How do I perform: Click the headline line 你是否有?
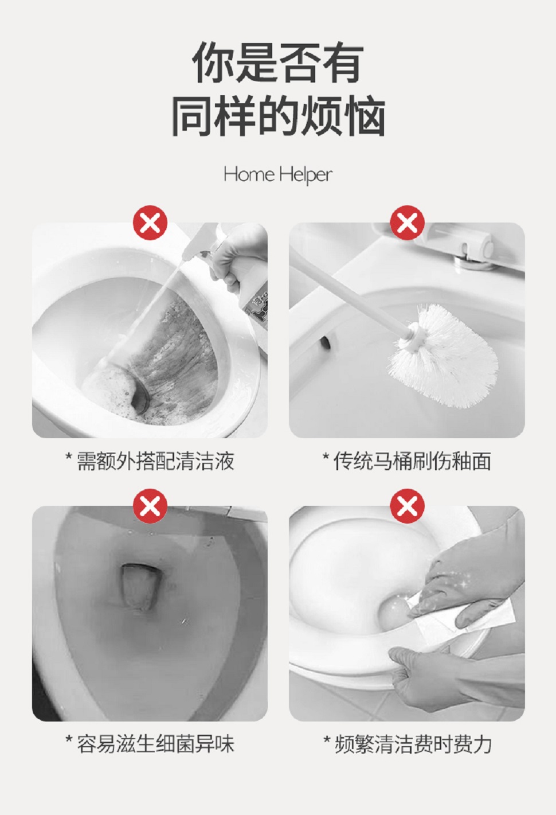pyautogui.click(x=278, y=63)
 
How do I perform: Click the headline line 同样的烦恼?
pyautogui.click(x=278, y=116)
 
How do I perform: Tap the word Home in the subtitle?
pyautogui.click(x=249, y=174)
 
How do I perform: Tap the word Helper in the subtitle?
pyautogui.click(x=306, y=176)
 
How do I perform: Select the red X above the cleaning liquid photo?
pyautogui.click(x=150, y=223)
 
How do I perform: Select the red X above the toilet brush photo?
pyautogui.click(x=407, y=223)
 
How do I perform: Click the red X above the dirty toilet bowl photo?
pyautogui.click(x=150, y=506)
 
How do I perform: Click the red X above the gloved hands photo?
pyautogui.click(x=407, y=506)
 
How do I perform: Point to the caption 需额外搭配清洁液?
pyautogui.click(x=150, y=461)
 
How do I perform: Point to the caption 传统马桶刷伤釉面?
pyautogui.click(x=407, y=461)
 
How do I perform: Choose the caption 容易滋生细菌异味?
pyautogui.click(x=150, y=744)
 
